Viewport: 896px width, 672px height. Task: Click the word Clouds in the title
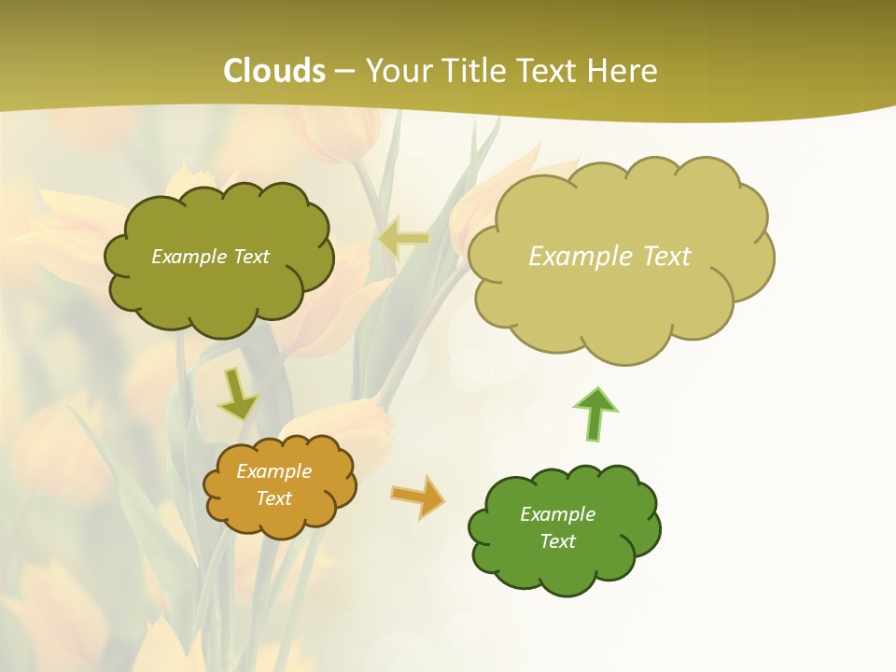click(274, 71)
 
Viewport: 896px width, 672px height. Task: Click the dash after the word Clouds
click(343, 72)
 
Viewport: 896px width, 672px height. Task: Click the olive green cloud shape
click(219, 289)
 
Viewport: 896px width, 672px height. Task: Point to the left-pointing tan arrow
click(404, 239)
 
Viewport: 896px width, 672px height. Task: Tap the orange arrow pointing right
click(418, 496)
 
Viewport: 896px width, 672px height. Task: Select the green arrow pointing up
click(595, 413)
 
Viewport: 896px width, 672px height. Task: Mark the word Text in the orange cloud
click(274, 498)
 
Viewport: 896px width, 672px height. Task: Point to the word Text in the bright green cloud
click(557, 541)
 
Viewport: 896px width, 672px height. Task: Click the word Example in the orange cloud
click(274, 471)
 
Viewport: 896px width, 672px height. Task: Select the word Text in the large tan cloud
click(664, 257)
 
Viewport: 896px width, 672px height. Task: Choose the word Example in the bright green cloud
click(557, 514)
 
